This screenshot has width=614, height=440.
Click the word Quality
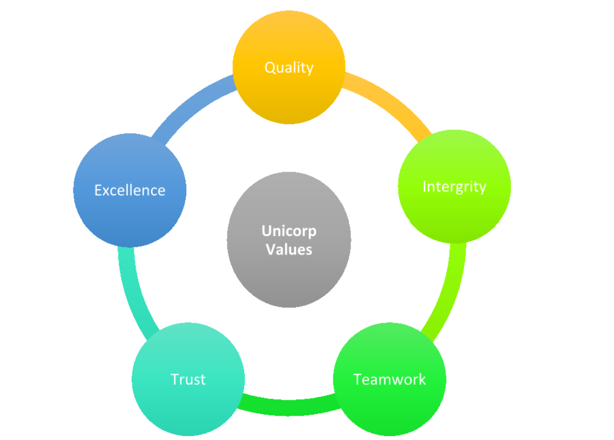289,67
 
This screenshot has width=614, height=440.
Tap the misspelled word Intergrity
454,187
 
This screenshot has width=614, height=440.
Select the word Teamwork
389,379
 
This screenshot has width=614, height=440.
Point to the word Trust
188,379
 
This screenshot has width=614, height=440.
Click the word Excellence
130,190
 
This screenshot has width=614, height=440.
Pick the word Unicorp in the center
289,230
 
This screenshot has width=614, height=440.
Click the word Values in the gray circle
289,249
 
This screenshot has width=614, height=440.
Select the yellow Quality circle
289,94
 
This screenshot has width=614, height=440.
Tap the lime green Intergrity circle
454,215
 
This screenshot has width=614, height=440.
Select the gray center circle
289,276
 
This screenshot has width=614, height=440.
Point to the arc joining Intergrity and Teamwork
449,292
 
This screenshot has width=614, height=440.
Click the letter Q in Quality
270,67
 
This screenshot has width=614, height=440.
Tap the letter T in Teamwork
358,379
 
